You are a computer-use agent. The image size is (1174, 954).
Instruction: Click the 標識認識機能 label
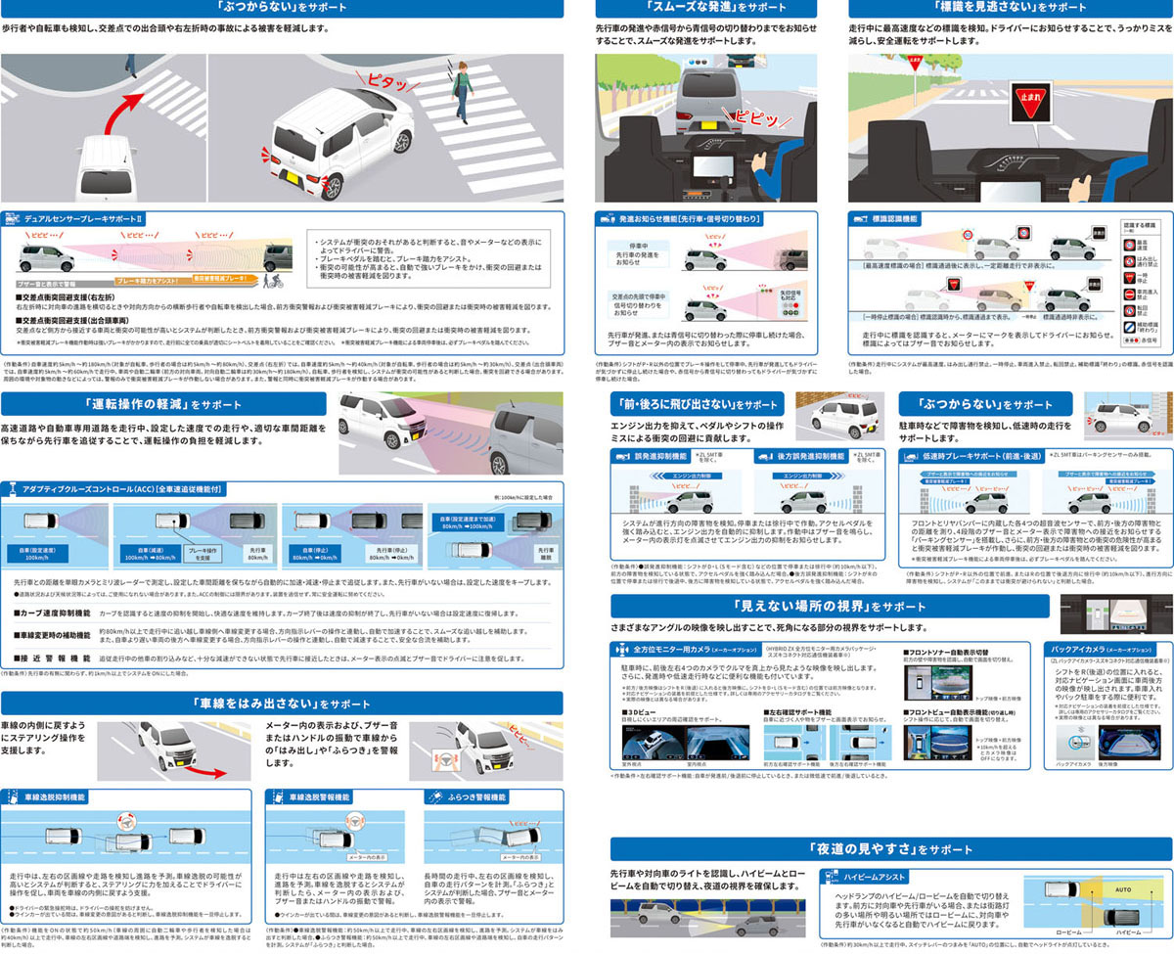click(896, 219)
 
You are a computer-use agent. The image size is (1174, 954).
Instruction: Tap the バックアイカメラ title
click(1088, 648)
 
